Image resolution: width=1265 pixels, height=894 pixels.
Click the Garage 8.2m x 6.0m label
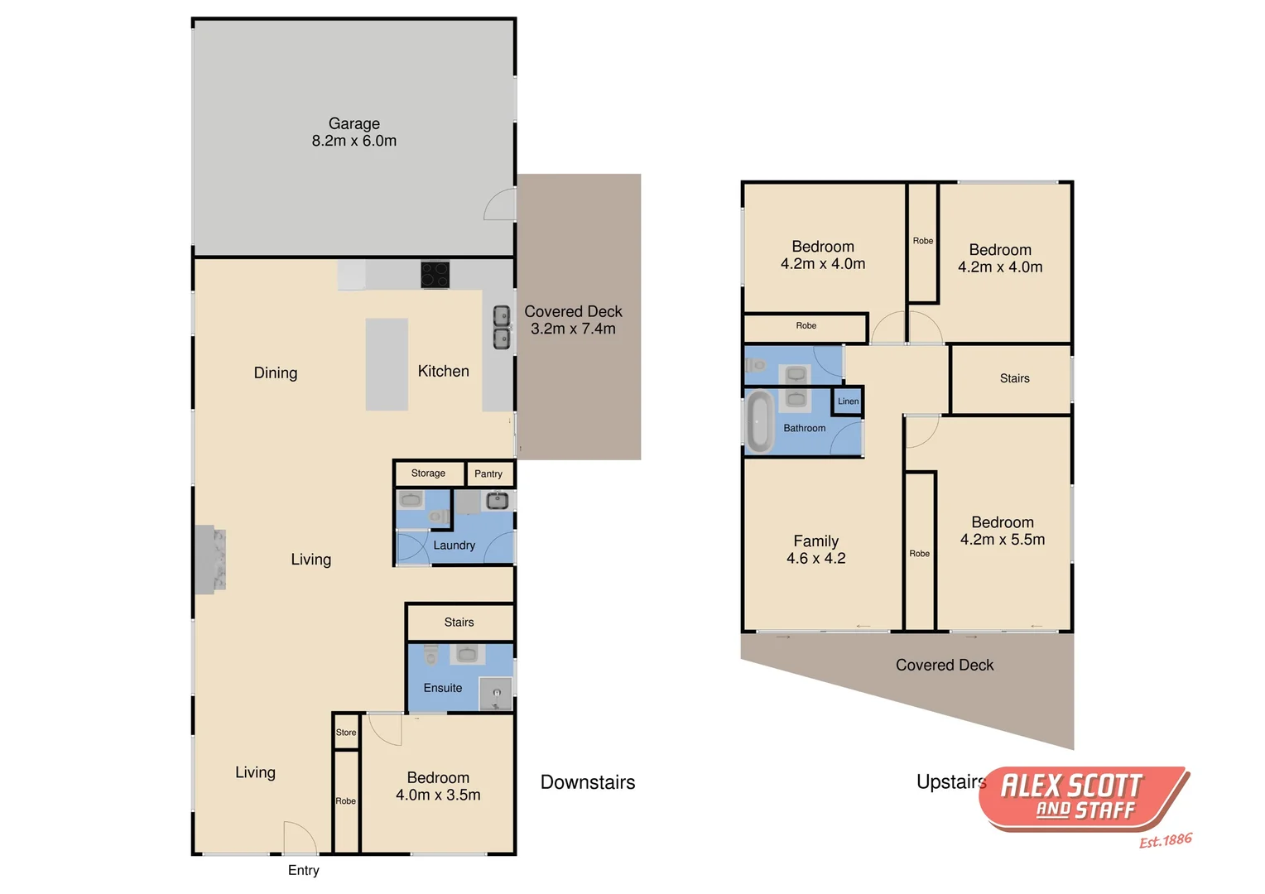(354, 132)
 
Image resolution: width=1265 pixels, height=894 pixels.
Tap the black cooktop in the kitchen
(435, 275)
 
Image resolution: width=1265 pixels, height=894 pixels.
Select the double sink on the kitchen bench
(502, 327)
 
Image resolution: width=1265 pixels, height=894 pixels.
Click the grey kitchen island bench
(387, 364)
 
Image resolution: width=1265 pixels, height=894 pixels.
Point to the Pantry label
(488, 474)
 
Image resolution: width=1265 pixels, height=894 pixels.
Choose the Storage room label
(428, 473)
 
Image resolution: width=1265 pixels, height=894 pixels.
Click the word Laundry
(454, 546)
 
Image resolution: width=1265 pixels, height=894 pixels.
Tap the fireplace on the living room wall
(210, 560)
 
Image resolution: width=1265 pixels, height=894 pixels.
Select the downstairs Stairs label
(459, 622)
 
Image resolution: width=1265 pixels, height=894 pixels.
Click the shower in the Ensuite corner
(496, 694)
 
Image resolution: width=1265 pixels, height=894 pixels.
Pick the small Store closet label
(346, 733)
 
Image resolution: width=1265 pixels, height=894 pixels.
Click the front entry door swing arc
(300, 837)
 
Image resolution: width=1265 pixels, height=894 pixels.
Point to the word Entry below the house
(303, 870)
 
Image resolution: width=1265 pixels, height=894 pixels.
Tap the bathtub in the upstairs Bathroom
(758, 421)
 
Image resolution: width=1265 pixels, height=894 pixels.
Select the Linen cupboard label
(848, 401)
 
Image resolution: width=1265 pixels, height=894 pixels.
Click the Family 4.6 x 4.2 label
(815, 550)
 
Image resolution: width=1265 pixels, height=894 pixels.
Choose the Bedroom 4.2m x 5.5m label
(1002, 531)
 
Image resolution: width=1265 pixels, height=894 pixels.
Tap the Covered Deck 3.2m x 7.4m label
(573, 320)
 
